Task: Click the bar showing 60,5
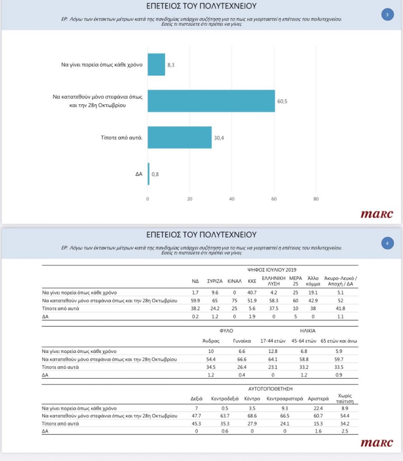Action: [211, 101]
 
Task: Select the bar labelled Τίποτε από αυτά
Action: [179, 137]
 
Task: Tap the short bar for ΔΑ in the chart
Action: [148, 174]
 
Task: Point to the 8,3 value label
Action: [171, 65]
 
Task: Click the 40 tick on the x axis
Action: [232, 199]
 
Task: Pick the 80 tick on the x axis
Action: [316, 199]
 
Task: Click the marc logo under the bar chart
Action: [376, 214]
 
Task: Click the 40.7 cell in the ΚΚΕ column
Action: [252, 292]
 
